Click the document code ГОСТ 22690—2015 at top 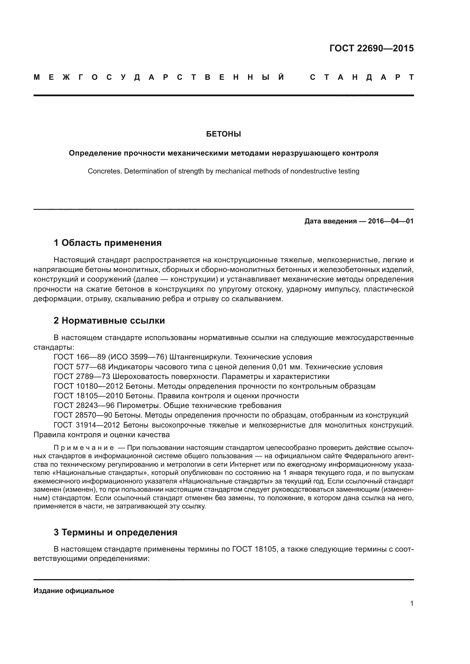tap(371, 48)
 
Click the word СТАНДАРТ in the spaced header tap(361, 77)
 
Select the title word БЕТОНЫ tap(223, 134)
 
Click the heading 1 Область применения tap(108, 243)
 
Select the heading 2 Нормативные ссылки tap(109, 321)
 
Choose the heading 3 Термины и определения tap(115, 532)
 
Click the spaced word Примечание tap(84, 448)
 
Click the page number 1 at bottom tap(411, 604)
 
